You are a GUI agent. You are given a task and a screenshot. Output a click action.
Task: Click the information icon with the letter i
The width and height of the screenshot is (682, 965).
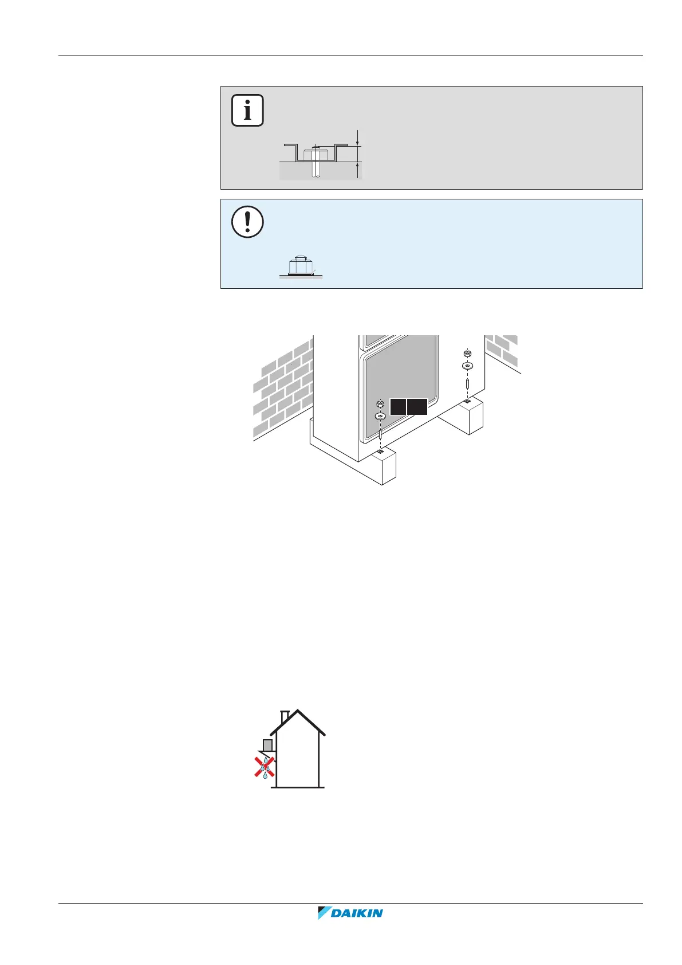click(x=247, y=110)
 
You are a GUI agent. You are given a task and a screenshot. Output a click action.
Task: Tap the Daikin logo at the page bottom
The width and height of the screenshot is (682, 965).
click(x=350, y=912)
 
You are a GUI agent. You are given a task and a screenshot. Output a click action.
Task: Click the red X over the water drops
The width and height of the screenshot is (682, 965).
click(x=265, y=766)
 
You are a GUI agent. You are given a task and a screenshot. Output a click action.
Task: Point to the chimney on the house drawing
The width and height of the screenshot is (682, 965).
click(x=285, y=717)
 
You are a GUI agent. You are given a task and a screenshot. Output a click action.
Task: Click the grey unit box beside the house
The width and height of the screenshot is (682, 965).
click(x=267, y=745)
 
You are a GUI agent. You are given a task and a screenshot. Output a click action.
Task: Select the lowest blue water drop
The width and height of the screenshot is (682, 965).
click(x=265, y=775)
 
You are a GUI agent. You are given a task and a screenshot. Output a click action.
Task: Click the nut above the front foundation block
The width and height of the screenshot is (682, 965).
click(x=380, y=404)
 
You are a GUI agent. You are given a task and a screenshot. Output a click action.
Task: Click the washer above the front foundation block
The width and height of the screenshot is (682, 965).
click(x=380, y=415)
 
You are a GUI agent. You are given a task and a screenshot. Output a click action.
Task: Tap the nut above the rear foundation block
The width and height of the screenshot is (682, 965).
click(x=467, y=354)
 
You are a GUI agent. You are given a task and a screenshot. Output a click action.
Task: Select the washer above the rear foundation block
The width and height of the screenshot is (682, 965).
click(x=467, y=365)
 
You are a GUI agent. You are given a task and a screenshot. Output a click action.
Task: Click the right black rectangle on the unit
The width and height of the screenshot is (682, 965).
click(x=417, y=406)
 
